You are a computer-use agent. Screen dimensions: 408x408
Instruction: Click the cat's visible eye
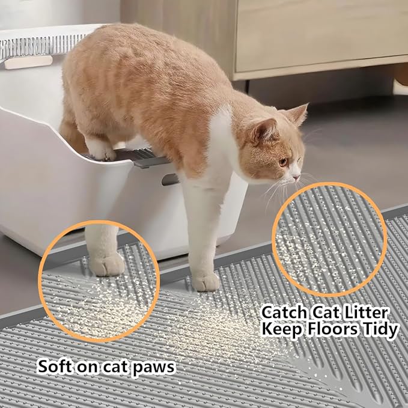tap(284, 162)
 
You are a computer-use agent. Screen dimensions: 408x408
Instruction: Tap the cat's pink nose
tap(296, 178)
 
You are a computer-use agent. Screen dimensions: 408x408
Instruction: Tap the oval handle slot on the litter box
tap(170, 180)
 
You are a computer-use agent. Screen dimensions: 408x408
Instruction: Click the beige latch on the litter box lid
tap(29, 62)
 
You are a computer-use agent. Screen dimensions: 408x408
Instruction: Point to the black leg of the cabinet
tap(247, 87)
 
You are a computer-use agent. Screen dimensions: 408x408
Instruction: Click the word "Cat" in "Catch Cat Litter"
tap(324, 313)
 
